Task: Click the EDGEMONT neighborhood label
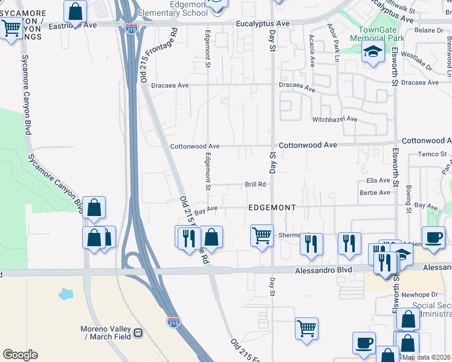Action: coord(272,208)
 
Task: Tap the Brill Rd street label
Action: coord(256,185)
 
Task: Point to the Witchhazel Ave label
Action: coord(335,119)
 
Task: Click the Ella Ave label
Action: coord(378,180)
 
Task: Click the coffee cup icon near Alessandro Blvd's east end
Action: coord(433,237)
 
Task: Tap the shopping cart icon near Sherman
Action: coord(261,235)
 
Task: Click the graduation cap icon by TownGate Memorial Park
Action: coord(373,52)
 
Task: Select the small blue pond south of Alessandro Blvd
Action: coord(65,295)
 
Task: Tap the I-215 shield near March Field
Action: coord(173,322)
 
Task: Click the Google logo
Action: coord(20,355)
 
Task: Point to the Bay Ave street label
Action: coord(208,208)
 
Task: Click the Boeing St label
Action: coord(408,195)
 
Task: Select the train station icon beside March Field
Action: coord(138,332)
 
